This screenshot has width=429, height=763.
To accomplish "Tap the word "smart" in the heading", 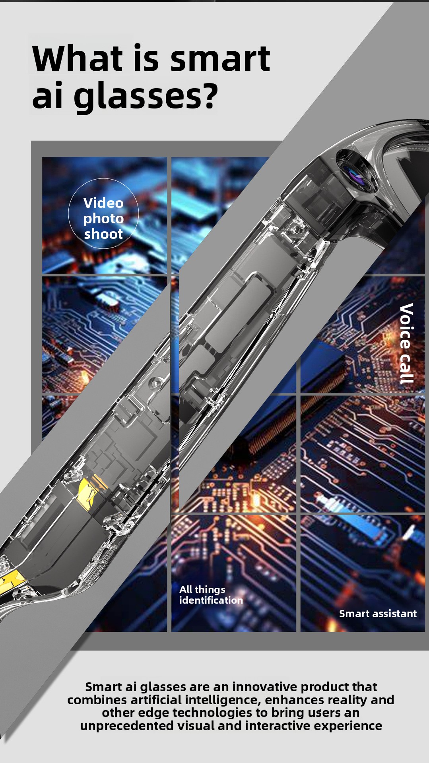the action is pos(220,59).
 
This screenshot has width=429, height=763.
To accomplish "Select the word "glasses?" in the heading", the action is pos(146,97).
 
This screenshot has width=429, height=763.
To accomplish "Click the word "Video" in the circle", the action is pos(103,203).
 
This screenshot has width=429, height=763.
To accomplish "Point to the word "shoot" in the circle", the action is pos(103,234).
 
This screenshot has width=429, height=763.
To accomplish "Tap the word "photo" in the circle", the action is pos(103,219).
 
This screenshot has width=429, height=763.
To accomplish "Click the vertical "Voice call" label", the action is pos(406,343).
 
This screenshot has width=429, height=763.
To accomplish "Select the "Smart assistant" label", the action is pos(378,614).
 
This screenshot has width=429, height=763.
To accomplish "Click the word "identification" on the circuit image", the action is pos(211,600).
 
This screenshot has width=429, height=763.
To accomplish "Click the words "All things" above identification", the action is pos(202,590).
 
